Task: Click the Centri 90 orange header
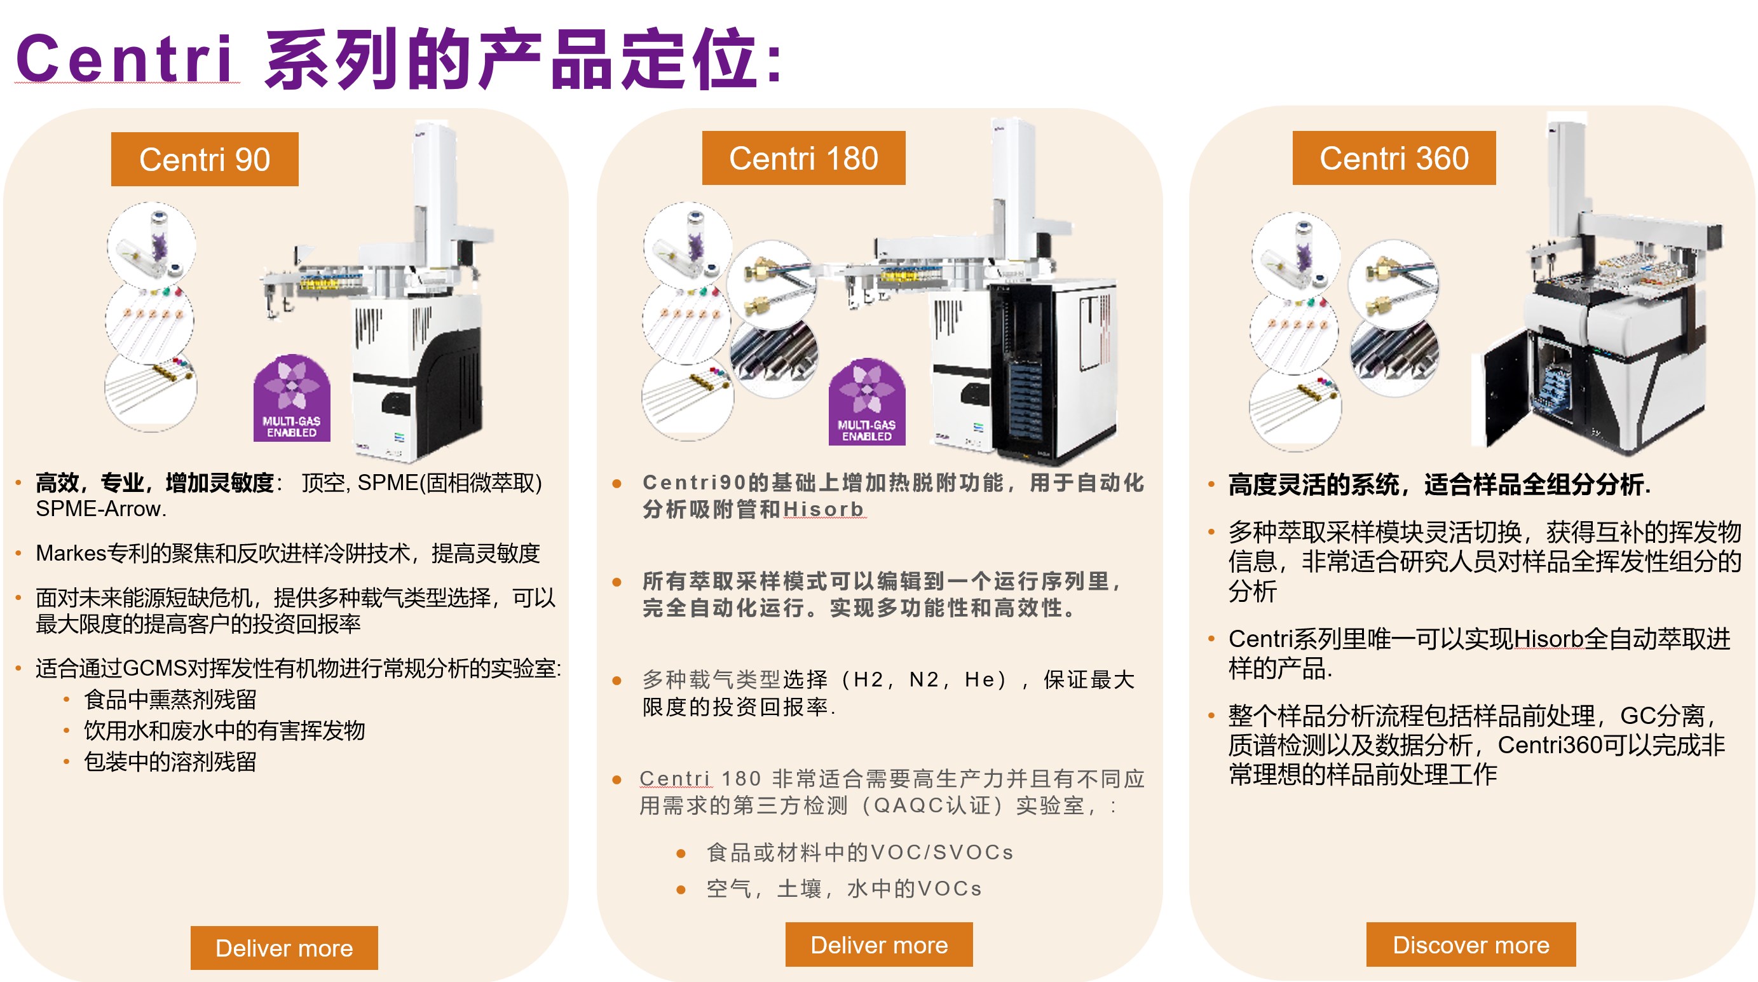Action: point(205,159)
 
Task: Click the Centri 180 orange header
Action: point(803,158)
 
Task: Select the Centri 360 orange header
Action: point(1394,158)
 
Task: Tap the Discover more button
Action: point(1471,944)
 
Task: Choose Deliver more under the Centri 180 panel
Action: point(879,944)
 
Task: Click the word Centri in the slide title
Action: point(125,58)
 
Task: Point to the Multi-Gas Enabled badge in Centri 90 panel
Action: point(292,398)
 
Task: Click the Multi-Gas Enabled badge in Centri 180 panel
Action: point(867,402)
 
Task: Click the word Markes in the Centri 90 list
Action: point(71,554)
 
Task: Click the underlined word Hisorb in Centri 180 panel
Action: point(824,509)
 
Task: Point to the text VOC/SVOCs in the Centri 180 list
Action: point(943,852)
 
